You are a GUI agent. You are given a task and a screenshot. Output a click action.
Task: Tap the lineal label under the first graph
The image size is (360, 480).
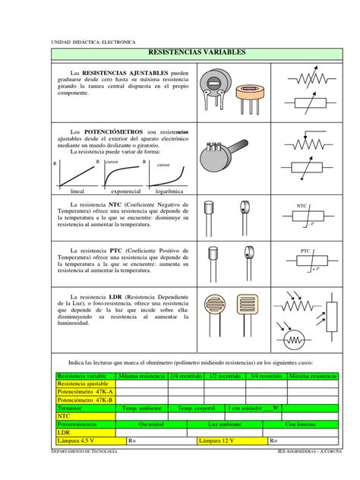pos(77,192)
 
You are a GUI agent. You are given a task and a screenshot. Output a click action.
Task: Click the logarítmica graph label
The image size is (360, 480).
pos(172,192)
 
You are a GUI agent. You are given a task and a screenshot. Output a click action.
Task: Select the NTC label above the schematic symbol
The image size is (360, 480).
pos(302,206)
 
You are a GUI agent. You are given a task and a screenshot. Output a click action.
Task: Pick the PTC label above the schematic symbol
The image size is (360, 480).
pos(305,250)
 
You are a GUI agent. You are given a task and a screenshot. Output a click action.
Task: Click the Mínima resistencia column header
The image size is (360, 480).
pos(142,377)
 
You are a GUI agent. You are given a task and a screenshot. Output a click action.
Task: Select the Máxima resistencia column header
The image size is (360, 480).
pos(312,377)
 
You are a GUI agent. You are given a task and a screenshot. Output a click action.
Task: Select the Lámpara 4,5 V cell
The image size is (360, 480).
pos(80,440)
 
